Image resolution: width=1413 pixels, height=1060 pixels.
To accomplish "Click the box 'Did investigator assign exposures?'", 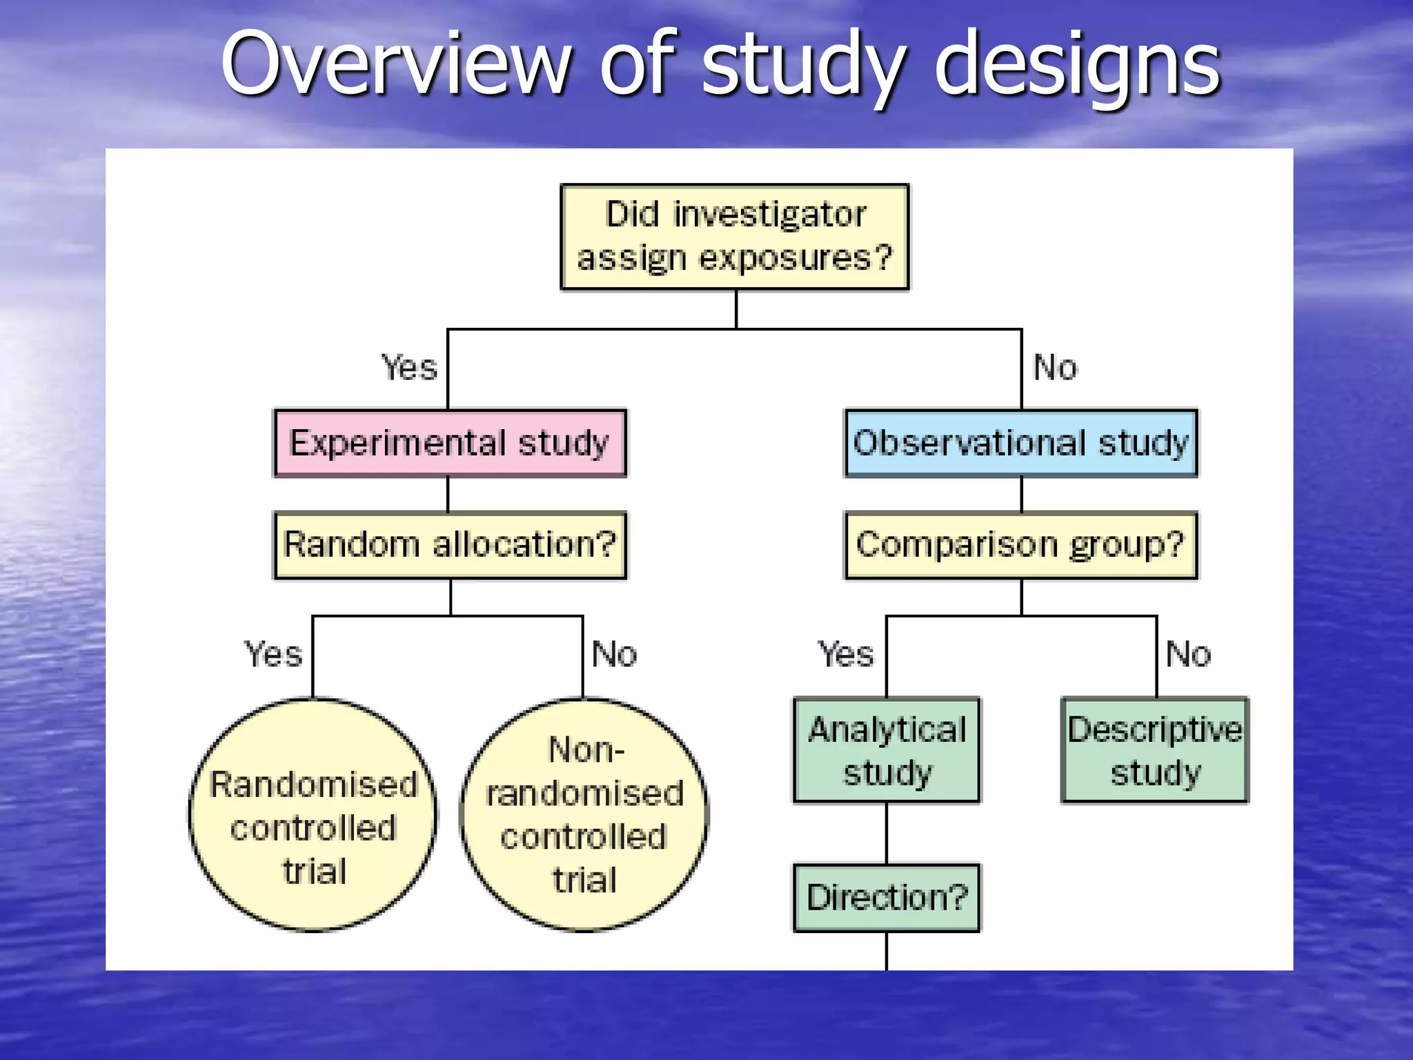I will click(735, 237).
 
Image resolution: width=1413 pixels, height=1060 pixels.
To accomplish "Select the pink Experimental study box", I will click(450, 442).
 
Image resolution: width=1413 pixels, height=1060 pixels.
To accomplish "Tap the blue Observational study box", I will click(1021, 442).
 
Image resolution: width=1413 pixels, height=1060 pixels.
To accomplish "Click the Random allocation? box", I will click(450, 544).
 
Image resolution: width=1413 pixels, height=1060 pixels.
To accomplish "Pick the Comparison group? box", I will click(1021, 544).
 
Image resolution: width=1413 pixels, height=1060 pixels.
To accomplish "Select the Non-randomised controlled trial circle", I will click(584, 814).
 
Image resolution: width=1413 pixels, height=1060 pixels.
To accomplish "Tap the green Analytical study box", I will click(887, 750).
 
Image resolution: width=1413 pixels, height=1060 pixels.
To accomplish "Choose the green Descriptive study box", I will click(1155, 750).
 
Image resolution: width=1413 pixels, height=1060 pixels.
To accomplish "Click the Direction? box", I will click(887, 897).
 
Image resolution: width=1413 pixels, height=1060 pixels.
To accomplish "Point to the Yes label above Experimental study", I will click(410, 367).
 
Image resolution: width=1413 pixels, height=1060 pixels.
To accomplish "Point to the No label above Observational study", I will click(1055, 367).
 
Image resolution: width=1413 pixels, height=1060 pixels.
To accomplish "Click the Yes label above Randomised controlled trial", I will click(273, 654).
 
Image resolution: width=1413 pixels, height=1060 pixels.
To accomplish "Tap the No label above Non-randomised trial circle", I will click(614, 654).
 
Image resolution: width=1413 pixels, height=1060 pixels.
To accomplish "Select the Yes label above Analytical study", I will click(846, 654).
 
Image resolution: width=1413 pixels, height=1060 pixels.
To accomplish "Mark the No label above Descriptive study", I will click(1188, 654).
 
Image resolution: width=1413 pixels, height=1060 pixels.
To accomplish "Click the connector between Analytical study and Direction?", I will click(887, 833).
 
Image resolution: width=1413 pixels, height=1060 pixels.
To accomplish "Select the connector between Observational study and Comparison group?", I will click(1021, 494).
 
